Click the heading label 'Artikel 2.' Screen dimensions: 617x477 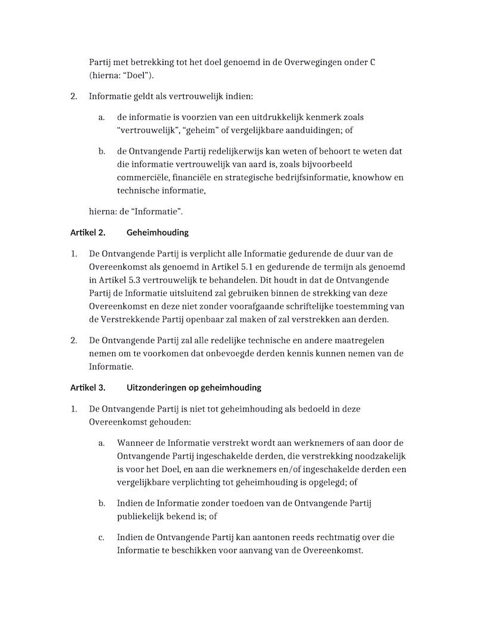(x=88, y=232)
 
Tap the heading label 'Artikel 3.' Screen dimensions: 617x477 (x=88, y=387)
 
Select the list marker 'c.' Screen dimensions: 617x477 (x=102, y=537)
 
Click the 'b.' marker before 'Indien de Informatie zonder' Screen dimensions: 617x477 (x=102, y=504)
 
